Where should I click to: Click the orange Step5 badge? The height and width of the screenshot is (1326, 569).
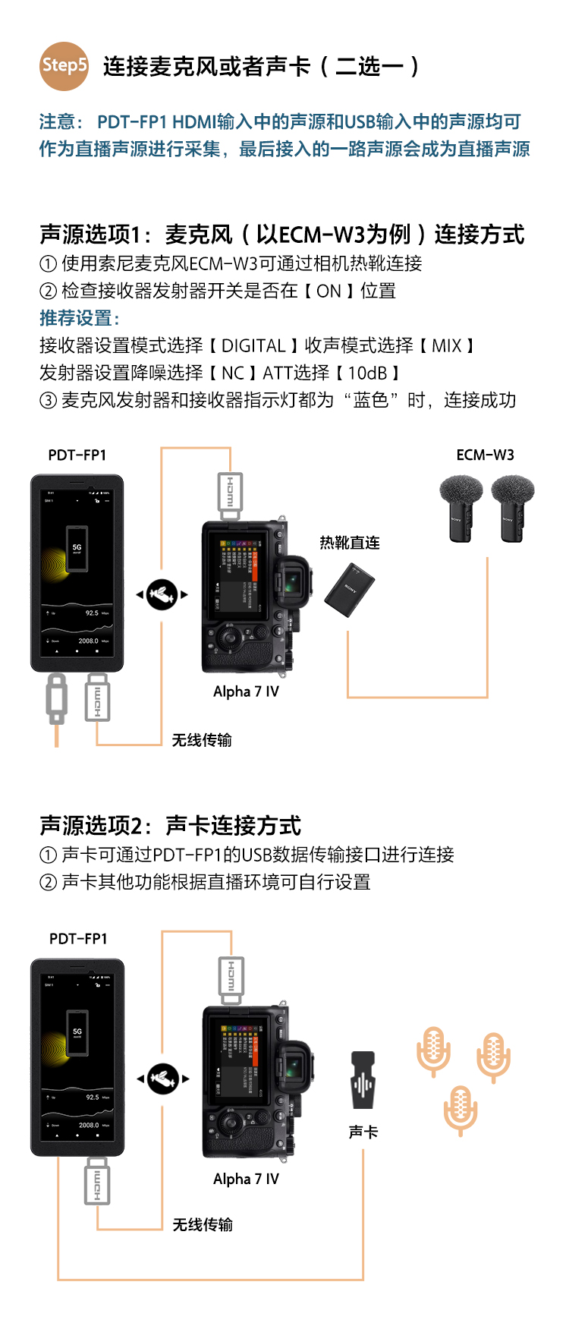coord(64,66)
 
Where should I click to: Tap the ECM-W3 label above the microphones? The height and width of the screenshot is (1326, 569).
coord(485,455)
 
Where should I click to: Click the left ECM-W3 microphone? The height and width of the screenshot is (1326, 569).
coord(461,509)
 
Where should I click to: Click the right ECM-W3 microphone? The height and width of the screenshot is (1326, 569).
coord(513,509)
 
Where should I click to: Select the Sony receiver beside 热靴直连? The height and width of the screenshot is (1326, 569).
coord(350,590)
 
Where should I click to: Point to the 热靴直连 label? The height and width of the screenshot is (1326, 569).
coord(350,543)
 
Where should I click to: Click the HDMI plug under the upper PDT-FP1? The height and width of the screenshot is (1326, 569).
coord(97,698)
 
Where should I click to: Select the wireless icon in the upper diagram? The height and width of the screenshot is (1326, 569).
coord(162,594)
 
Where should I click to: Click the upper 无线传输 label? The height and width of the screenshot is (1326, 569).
coord(202,740)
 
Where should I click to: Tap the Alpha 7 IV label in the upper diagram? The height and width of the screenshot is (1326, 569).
coord(246,691)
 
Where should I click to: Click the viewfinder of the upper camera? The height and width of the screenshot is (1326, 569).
coord(293,583)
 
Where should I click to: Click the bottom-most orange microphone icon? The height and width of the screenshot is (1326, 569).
coord(461,1110)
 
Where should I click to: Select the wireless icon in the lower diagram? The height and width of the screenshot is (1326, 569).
coord(162,1079)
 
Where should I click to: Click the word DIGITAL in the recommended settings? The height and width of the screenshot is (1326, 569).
coord(253,346)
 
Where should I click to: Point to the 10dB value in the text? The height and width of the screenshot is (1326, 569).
coord(368,373)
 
